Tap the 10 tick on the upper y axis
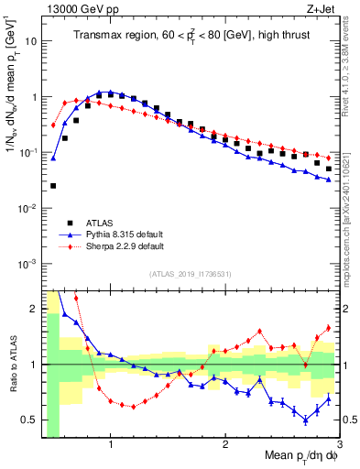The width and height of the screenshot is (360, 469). pos(32,41)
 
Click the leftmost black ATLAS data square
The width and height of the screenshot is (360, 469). pos(53,186)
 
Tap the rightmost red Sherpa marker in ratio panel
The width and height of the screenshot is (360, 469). pos(329,328)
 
